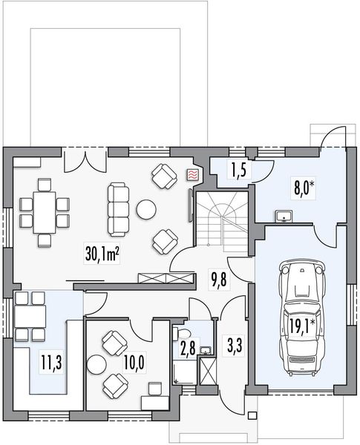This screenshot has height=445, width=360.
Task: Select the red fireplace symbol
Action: click(192, 175)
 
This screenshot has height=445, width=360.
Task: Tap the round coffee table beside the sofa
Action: click(145, 210)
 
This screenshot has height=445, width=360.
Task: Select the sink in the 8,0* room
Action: click(285, 217)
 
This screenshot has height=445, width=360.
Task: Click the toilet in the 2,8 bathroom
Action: click(185, 332)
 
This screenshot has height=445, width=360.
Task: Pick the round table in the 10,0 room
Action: click(96, 363)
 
